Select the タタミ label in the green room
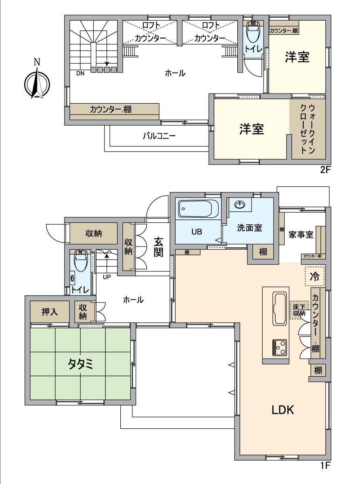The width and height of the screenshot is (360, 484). click(80, 364)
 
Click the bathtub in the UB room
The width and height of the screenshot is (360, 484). click(198, 209)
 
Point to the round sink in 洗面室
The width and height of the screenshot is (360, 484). click(239, 204)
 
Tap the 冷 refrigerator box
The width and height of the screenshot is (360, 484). click(314, 277)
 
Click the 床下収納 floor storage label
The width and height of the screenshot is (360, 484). click(299, 309)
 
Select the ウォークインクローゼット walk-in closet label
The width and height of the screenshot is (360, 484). click(307, 129)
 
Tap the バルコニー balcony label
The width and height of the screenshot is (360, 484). click(159, 136)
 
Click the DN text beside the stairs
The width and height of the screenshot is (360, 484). click(80, 73)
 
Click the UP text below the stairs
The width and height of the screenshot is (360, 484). click(107, 277)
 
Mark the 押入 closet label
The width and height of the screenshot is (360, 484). click(50, 312)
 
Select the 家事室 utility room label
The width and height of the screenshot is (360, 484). click(301, 235)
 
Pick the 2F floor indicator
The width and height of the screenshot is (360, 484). click(325, 170)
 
